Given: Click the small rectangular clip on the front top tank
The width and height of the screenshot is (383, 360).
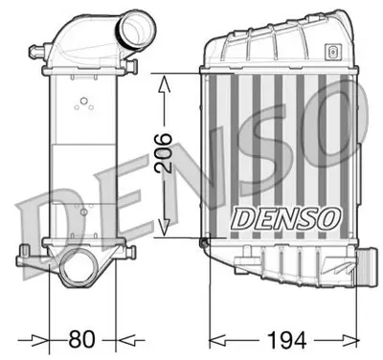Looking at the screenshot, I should coord(331,52).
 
